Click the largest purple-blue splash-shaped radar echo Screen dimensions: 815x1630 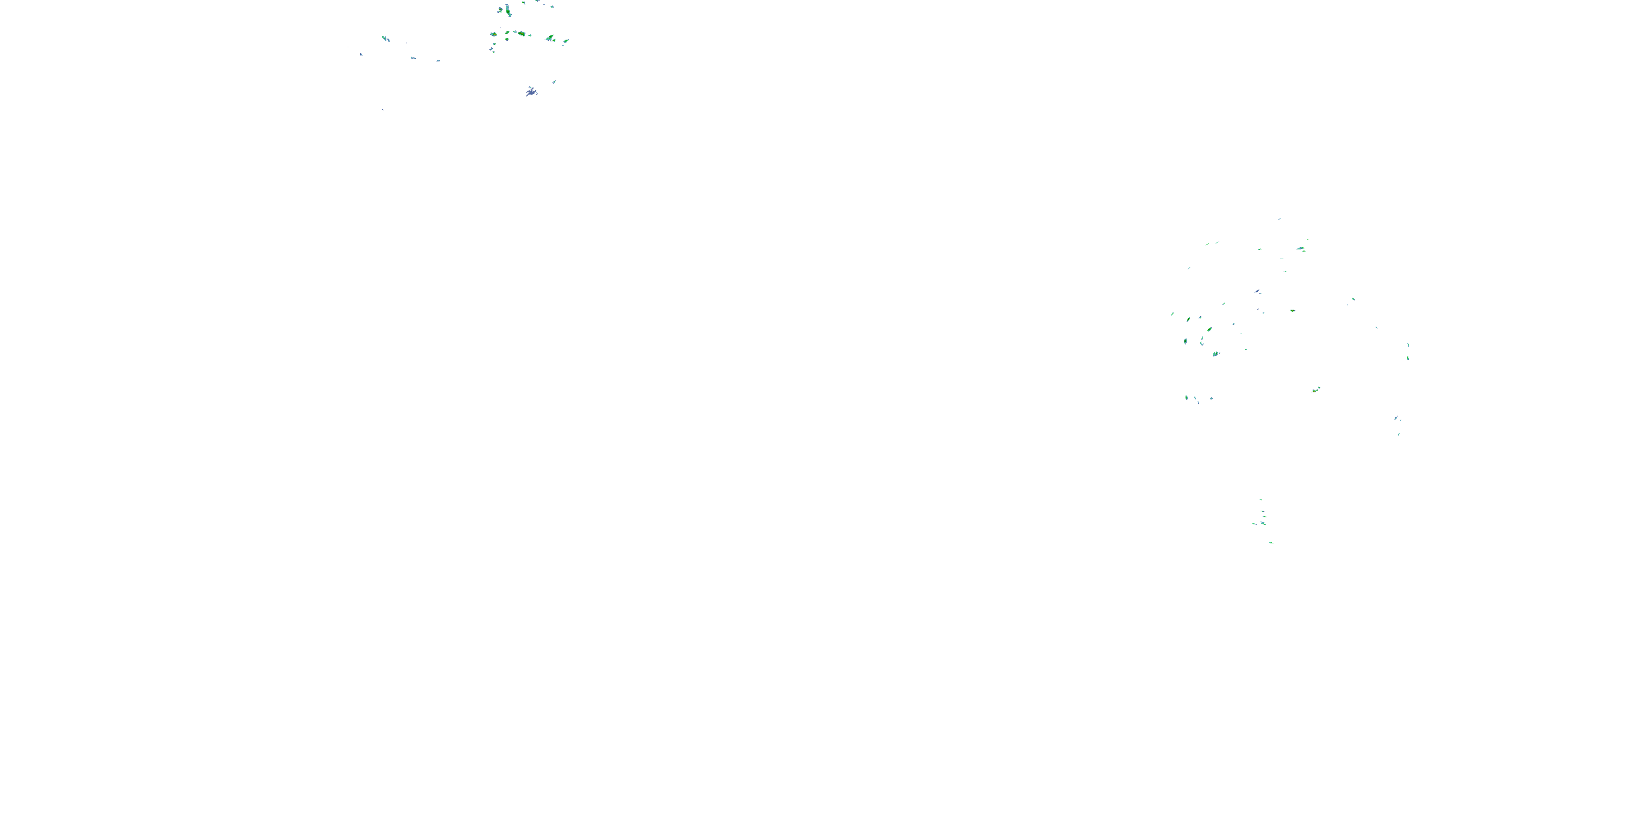tap(531, 92)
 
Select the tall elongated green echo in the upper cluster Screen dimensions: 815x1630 tap(508, 10)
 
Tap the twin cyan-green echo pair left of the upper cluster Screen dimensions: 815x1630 tap(385, 39)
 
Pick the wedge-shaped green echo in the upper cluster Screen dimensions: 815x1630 tap(549, 39)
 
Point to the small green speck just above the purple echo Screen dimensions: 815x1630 tap(554, 81)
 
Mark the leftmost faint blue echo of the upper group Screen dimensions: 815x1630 tap(361, 54)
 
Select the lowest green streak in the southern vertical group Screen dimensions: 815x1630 tap(1271, 542)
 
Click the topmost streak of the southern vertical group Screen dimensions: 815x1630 tap(1260, 499)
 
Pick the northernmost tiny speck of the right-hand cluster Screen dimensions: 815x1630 tap(1279, 219)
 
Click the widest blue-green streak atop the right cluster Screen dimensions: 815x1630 tap(1300, 249)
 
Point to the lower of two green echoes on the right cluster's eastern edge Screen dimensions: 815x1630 tap(1408, 358)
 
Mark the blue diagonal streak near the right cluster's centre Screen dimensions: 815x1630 tap(1257, 292)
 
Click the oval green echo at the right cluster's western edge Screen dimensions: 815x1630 tap(1185, 341)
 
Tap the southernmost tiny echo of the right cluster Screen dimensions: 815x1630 tap(1399, 435)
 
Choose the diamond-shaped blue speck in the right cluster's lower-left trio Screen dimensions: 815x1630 tap(1211, 398)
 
